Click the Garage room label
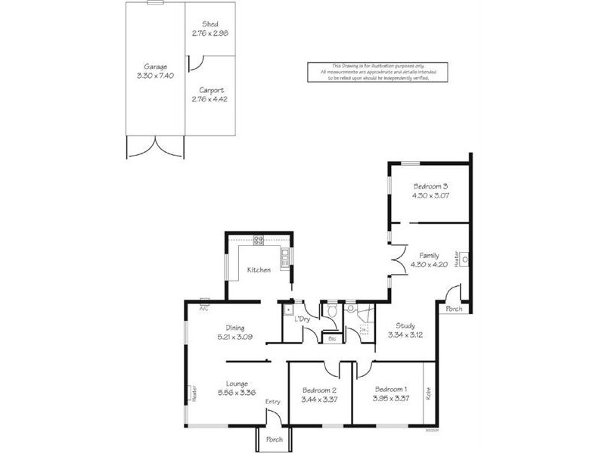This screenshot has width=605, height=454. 155,66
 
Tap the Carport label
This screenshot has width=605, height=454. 209,89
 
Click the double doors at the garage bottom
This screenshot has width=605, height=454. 155,147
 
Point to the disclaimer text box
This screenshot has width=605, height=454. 377,72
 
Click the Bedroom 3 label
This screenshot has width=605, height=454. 430,186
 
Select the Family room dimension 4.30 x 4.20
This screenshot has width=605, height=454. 429,265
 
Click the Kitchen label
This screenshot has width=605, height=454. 259,269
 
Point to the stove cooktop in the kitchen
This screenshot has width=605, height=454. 258,240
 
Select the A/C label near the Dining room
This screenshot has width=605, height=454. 203,309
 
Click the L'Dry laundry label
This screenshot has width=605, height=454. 302,320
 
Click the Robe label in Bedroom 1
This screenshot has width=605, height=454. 429,393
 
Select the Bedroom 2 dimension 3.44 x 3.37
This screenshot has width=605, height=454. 318,399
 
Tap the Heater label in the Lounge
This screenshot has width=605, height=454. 194,393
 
